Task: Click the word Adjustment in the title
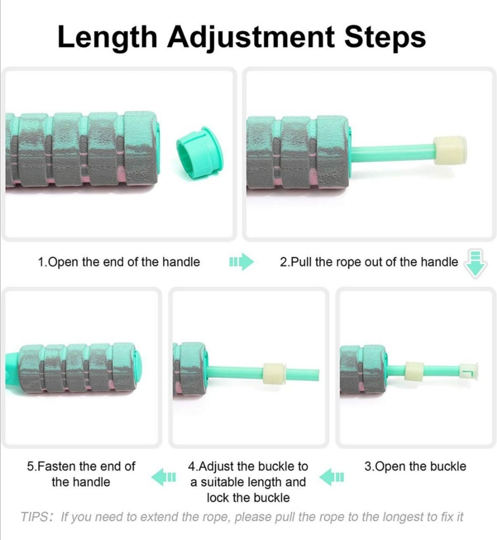[x=251, y=37]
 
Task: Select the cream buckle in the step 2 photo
[x=450, y=150]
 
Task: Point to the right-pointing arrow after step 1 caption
[x=242, y=262]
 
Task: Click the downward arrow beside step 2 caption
[x=475, y=263]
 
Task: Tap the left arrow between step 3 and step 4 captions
[x=332, y=477]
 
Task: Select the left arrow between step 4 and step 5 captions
[x=163, y=477]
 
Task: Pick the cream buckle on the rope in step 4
[x=274, y=374]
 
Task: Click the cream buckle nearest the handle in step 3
[x=414, y=372]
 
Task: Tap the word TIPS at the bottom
[x=35, y=517]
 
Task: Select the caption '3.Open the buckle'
[x=415, y=466]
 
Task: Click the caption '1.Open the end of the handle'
[x=119, y=262]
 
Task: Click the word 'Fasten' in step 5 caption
[x=56, y=466]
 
